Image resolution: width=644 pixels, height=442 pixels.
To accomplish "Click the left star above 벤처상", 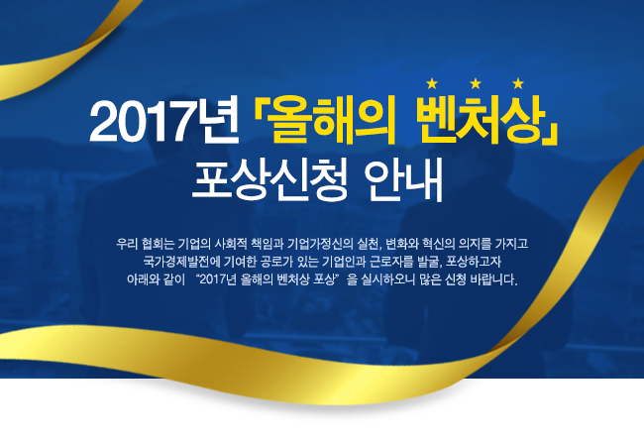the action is (x=432, y=84).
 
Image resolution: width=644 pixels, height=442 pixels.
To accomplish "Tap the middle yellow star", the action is (x=476, y=84).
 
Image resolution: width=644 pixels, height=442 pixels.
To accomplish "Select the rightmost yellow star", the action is (x=518, y=84).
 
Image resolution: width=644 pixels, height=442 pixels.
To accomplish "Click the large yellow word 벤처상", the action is (x=481, y=120).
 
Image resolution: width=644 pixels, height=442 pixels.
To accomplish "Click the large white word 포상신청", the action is (x=269, y=179).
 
